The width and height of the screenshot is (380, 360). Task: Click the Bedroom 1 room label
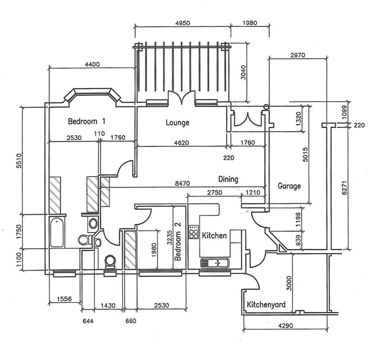pyautogui.click(x=86, y=121)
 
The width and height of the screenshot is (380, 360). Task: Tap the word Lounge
pyautogui.click(x=177, y=122)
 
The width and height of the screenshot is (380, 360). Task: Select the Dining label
pyautogui.click(x=228, y=179)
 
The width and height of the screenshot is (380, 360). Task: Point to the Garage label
pyautogui.click(x=289, y=186)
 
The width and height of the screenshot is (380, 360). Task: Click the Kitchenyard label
pyautogui.click(x=266, y=305)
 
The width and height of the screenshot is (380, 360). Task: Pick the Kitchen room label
pyautogui.click(x=214, y=236)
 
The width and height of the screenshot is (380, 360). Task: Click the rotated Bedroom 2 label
pyautogui.click(x=178, y=247)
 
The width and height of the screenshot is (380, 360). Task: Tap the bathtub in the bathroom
pyautogui.click(x=57, y=232)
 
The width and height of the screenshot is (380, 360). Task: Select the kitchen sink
pyautogui.click(x=215, y=262)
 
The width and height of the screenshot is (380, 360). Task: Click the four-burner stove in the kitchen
pyautogui.click(x=194, y=232)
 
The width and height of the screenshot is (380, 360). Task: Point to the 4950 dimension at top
pyautogui.click(x=182, y=22)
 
